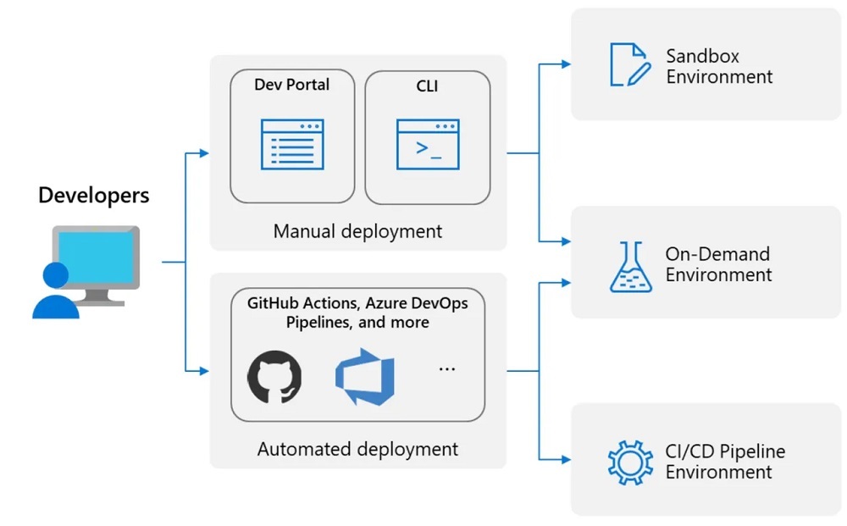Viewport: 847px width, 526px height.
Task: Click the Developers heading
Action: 93,196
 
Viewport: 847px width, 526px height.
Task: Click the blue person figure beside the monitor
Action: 55,292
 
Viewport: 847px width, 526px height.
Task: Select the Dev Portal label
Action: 292,85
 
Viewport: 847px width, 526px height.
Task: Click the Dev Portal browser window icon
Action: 292,144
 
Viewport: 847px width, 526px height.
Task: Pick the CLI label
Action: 428,86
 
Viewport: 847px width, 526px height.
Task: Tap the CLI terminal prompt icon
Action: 428,144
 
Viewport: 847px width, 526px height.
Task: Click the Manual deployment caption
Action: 357,230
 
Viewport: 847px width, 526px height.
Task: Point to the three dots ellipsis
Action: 446,369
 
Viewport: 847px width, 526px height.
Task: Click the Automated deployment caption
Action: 357,449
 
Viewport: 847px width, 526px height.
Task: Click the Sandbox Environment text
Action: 718,67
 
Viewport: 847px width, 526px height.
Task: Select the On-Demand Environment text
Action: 718,264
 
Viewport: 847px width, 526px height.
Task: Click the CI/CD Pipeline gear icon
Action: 630,462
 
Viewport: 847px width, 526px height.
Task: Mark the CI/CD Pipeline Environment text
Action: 724,462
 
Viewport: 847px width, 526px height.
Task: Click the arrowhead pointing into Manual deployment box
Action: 203,153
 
